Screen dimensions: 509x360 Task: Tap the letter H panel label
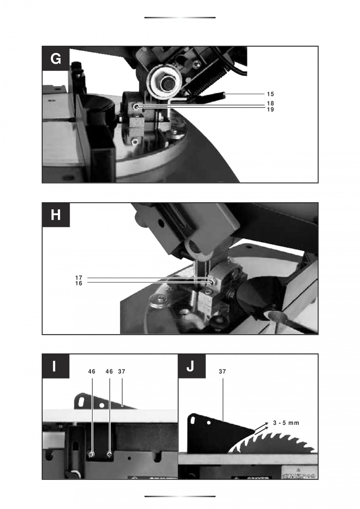pyautogui.click(x=56, y=215)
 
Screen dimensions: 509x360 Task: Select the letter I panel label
pyautogui.click(x=56, y=367)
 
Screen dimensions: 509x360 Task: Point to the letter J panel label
pyautogui.click(x=191, y=367)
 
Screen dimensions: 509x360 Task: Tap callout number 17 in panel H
pyautogui.click(x=79, y=278)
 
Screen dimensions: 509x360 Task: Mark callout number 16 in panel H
pyautogui.click(x=79, y=284)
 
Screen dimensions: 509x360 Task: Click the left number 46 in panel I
pyautogui.click(x=92, y=372)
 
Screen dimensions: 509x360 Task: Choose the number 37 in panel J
pyautogui.click(x=222, y=372)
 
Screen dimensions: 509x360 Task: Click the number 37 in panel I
pyautogui.click(x=121, y=372)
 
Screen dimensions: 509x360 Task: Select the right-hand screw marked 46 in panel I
pyautogui.click(x=110, y=454)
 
